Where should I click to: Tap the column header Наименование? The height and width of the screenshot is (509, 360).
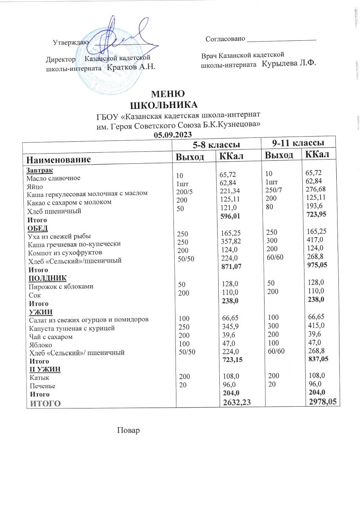click(59, 160)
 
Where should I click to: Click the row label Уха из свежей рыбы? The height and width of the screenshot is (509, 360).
click(59, 236)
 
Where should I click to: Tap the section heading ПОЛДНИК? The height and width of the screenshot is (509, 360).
click(47, 278)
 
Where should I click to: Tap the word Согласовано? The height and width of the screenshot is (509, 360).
click(225, 39)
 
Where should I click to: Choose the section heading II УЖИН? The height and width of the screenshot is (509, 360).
click(45, 369)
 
